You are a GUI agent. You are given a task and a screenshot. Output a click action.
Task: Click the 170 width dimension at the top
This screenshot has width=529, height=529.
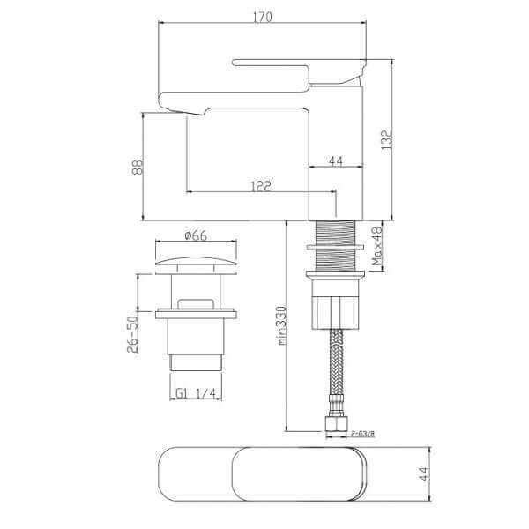pos(262,17)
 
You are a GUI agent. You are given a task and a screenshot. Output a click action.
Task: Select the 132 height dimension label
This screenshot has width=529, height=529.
pos(387,139)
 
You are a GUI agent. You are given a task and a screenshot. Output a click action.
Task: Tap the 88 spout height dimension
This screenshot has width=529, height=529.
pos(138,167)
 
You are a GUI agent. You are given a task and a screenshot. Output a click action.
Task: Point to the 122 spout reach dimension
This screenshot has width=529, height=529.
pos(261,186)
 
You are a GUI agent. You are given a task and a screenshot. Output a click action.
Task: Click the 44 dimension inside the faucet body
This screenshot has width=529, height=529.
pos(335,161)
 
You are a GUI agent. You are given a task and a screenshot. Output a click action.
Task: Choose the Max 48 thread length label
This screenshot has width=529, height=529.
pos(376,246)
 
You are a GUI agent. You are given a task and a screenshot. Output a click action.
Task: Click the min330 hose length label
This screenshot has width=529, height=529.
pos(282,325)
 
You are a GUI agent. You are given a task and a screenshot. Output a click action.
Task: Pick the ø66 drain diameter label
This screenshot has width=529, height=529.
pos(196,235)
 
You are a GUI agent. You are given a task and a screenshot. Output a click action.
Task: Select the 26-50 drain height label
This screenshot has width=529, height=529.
pos(132,334)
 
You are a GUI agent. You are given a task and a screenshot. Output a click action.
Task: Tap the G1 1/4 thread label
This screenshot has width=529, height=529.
pos(196,392)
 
